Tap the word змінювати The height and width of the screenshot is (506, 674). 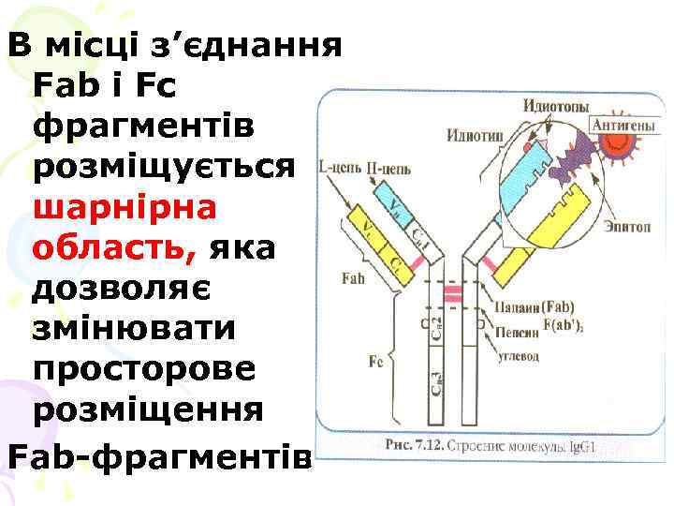tap(130, 331)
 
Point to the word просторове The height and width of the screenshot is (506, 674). tap(142, 370)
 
